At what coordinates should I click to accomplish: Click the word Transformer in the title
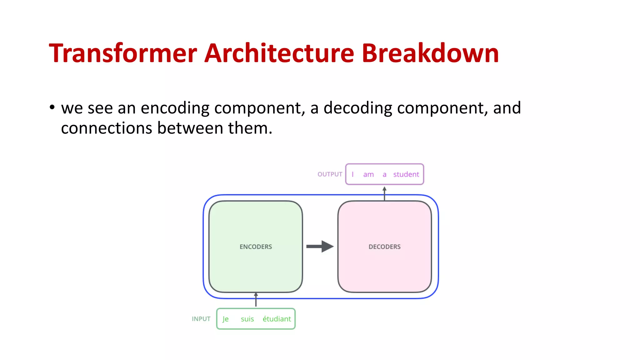(123, 53)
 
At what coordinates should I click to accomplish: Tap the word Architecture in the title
(279, 53)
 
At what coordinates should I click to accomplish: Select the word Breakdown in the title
(430, 53)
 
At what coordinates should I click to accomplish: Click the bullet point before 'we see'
(52, 107)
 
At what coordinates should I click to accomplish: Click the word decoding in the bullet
(357, 108)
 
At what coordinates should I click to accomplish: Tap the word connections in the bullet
(106, 128)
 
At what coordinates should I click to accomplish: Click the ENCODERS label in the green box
(256, 247)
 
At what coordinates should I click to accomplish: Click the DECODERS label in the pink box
(384, 247)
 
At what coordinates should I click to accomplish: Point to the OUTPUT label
(330, 174)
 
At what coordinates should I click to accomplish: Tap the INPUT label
(201, 319)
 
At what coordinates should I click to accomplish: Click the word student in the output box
(406, 174)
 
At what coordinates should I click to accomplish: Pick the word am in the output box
(368, 175)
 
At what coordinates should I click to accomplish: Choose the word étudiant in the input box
(277, 319)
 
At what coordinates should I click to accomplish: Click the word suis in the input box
(247, 319)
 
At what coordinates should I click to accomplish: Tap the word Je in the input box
(225, 319)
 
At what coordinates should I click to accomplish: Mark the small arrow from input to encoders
(256, 300)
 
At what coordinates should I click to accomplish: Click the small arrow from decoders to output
(384, 193)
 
